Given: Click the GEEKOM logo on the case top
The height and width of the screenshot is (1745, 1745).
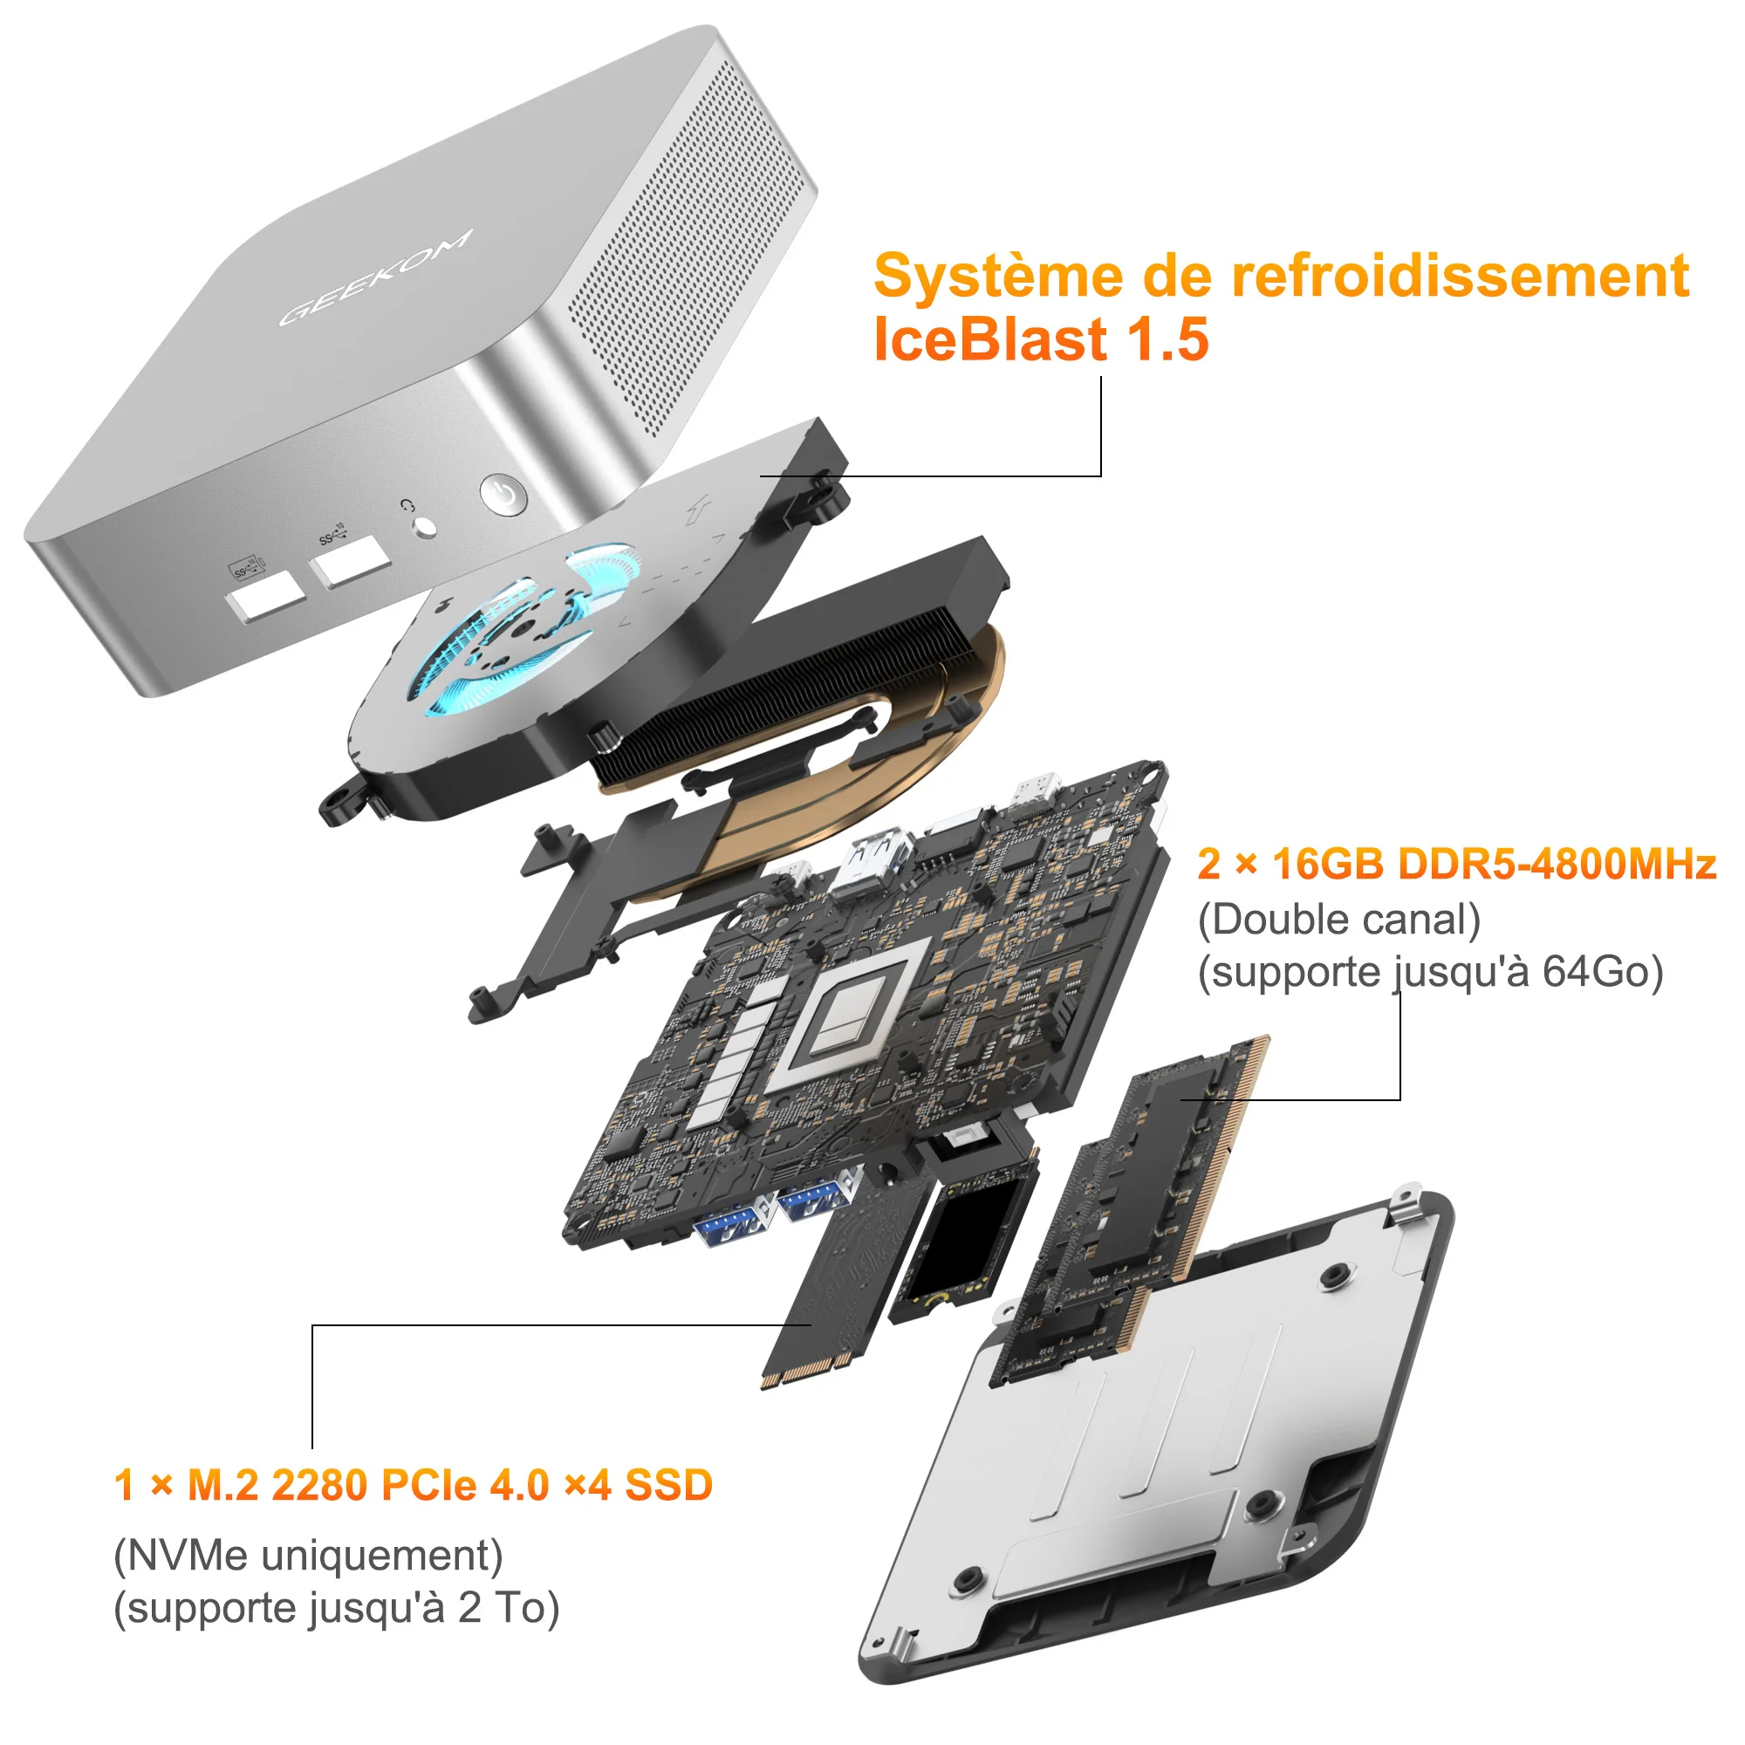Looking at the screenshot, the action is coord(376,277).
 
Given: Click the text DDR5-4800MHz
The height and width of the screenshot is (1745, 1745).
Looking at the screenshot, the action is coord(1557,865).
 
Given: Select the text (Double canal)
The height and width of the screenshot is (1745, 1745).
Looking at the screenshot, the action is coord(1339,920).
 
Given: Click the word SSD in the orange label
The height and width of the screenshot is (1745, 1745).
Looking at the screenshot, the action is coord(668,1485).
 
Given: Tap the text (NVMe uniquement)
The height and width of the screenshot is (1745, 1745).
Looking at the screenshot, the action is coord(308,1555).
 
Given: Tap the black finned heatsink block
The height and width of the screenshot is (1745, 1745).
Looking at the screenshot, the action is coord(804,668).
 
